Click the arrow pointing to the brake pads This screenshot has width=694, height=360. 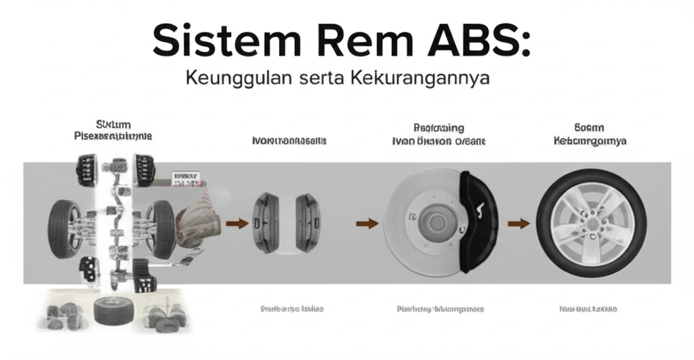coord(235,222)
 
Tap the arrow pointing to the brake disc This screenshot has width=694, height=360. coord(367,222)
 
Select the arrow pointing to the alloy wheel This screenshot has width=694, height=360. coord(518,222)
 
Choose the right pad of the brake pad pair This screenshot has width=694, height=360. coord(308,222)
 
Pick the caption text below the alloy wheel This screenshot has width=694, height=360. coord(588,309)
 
